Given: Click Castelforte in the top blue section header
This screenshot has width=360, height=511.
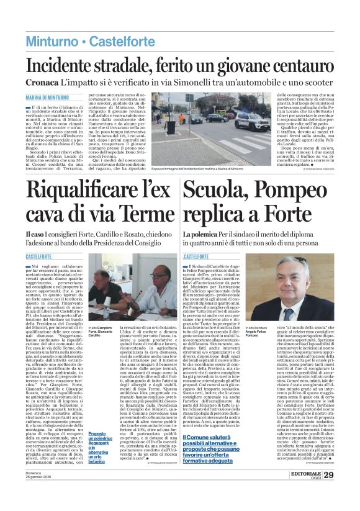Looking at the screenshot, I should [x=122, y=42].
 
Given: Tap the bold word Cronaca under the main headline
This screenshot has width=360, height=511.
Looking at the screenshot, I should [x=42, y=83].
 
